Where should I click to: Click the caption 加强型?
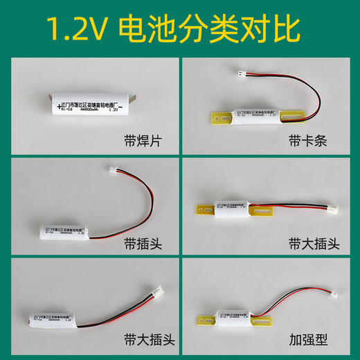(307, 341)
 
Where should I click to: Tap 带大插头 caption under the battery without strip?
(128, 341)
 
